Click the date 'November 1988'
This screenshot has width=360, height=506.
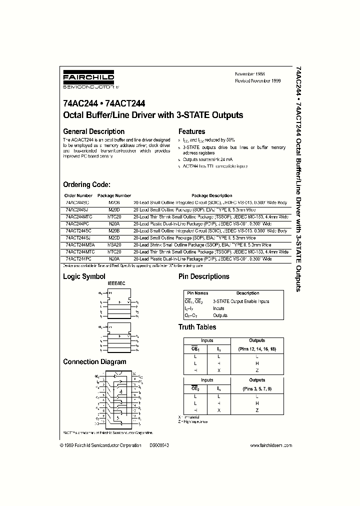[x=250, y=74]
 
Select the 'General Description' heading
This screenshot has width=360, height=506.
[x=93, y=131]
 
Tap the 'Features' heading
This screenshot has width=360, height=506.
[x=191, y=131]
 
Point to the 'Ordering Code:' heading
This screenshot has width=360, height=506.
[x=90, y=184]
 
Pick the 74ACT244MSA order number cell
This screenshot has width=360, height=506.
[x=80, y=245]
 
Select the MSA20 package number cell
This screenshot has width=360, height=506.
[x=113, y=245]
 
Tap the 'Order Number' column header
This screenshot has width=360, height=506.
[x=78, y=195]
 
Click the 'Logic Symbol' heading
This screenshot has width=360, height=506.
[x=84, y=276]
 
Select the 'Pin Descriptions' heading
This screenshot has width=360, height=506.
[x=203, y=276]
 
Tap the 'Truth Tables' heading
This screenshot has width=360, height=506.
[x=197, y=327]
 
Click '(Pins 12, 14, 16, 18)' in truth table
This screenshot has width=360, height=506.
[x=257, y=348]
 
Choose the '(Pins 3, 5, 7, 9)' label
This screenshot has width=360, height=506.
[x=257, y=388]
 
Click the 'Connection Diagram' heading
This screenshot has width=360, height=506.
[x=94, y=361]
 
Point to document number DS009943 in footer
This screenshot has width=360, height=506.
[x=159, y=445]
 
